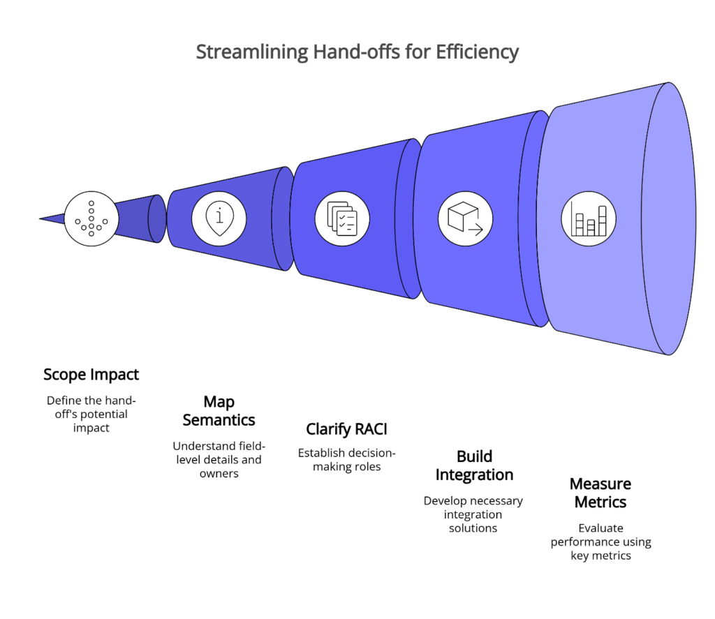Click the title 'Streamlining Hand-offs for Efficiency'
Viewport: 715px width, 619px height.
coord(357,52)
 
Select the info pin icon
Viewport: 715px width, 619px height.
coord(219,218)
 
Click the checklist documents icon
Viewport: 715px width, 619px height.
coord(342,218)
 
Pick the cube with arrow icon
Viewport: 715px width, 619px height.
coord(465,218)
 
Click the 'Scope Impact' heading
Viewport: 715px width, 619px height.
coord(91,375)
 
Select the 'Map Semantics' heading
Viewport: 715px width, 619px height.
coord(219,411)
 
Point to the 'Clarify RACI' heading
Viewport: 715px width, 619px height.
coord(346,429)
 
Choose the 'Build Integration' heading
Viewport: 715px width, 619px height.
coord(474,465)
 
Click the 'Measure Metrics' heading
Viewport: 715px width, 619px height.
coord(600,493)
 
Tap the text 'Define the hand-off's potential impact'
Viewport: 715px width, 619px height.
coord(91,414)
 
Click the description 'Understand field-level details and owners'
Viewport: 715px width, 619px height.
coord(219,459)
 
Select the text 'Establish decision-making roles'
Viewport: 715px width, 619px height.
coord(346,459)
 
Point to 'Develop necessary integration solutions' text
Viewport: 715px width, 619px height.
coord(473,514)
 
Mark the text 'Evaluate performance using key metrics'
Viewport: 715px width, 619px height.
coord(600,542)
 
